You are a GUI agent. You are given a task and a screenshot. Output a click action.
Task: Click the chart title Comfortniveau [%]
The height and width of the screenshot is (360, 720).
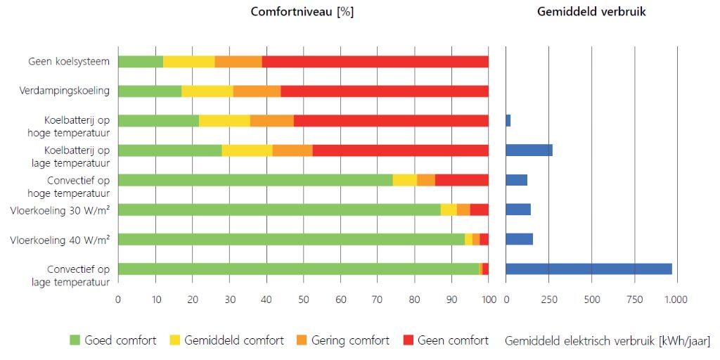302,12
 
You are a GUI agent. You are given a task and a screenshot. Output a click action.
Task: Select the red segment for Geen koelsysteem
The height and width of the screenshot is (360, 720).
375,62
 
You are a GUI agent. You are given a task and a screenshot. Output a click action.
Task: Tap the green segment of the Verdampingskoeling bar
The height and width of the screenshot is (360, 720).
149,91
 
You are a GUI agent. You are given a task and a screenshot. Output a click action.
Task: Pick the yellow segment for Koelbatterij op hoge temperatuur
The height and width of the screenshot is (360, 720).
224,120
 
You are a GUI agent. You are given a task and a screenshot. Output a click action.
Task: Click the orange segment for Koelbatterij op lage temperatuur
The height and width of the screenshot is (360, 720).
292,150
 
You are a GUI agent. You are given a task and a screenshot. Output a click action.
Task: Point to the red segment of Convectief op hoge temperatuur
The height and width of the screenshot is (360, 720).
461,180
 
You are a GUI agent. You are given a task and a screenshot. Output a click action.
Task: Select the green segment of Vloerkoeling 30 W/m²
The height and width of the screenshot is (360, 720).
279,210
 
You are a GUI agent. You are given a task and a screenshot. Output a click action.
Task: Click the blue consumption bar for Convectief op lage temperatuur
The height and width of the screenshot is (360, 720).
589,269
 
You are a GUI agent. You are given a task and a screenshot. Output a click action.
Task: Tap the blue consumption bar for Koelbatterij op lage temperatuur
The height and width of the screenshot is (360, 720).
529,150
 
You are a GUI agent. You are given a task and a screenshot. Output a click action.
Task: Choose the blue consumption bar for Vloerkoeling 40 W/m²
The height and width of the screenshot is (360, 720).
519,239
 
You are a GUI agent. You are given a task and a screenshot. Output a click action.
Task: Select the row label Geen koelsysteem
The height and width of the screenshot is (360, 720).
69,62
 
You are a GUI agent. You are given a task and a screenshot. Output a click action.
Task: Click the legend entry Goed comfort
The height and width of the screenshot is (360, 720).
112,340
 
